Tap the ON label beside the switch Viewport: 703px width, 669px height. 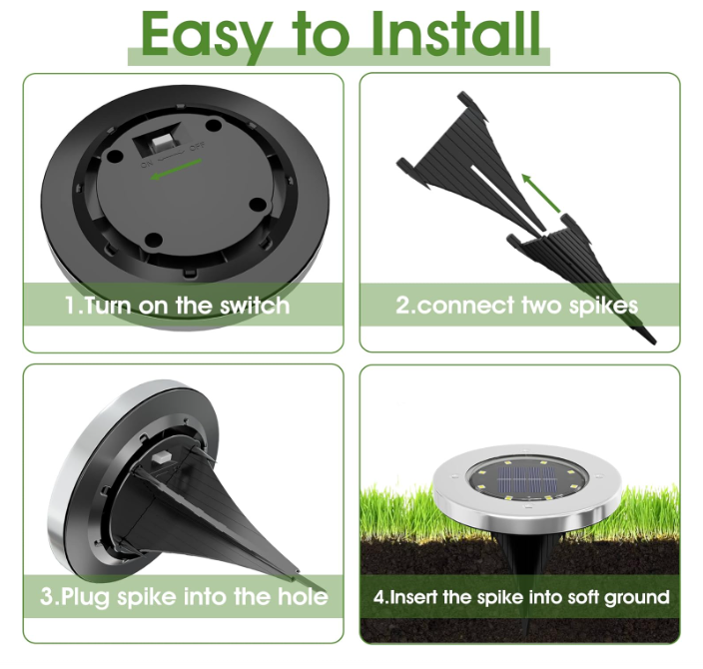147,164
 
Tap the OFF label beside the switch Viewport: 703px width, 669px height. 197,146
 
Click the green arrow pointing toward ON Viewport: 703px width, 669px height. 176,170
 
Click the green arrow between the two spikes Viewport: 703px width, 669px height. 541,193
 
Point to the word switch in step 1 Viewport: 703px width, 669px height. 255,306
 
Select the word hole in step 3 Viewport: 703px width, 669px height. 303,597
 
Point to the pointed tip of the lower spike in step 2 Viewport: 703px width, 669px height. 655,343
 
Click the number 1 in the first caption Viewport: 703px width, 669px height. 71,306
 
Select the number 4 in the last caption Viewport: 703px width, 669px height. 378,597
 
